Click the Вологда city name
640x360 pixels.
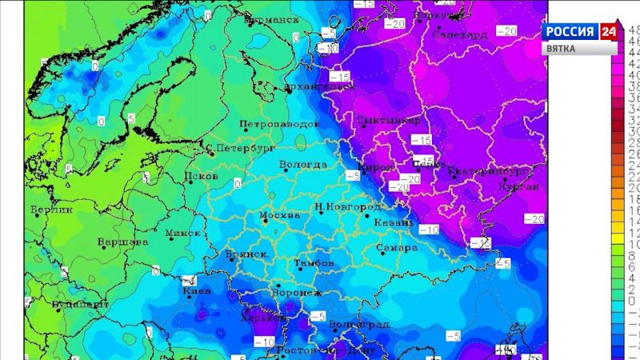click(302, 165)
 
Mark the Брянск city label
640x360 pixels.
click(246, 254)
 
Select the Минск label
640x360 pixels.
click(183, 233)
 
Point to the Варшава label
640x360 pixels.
click(122, 242)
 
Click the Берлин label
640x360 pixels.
click(51, 210)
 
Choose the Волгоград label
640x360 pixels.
click(359, 324)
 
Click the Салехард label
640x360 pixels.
click(459, 35)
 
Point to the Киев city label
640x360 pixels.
click(196, 291)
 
